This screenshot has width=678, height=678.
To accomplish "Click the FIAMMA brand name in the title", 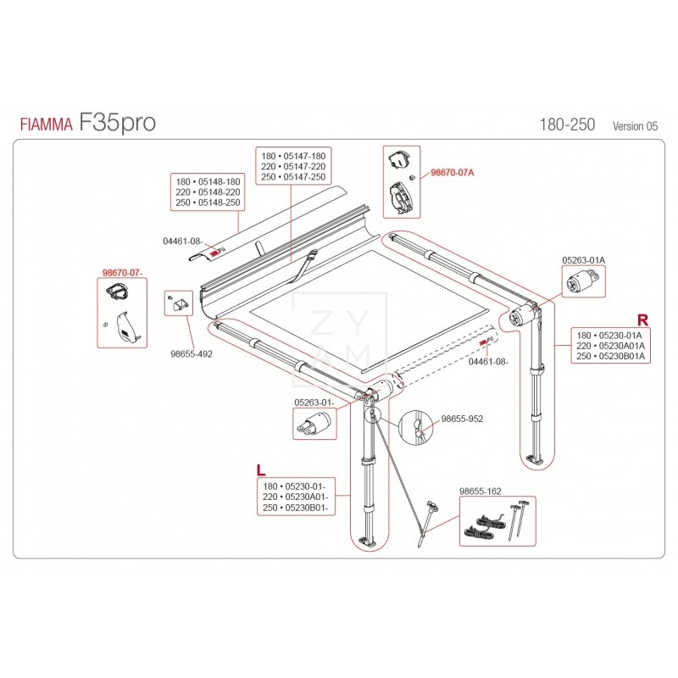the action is [x=47, y=125].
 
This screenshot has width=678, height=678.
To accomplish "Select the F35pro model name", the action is [x=117, y=122].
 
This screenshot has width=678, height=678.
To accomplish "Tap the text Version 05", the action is [x=635, y=126].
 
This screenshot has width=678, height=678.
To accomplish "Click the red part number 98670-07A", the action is [x=453, y=173].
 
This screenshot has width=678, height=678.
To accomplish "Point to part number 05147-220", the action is [x=304, y=166].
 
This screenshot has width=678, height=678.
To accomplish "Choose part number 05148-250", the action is [x=219, y=203].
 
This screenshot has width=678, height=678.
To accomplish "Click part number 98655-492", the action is [x=192, y=353].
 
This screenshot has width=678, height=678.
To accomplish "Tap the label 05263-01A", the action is [x=583, y=260].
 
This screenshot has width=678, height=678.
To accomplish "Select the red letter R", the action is [x=643, y=320].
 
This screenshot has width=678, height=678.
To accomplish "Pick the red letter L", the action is [x=261, y=470].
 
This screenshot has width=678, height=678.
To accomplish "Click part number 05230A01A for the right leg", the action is [x=622, y=346].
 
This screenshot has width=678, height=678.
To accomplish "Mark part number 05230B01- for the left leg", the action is [x=307, y=507].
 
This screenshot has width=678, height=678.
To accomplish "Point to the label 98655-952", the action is [x=462, y=419].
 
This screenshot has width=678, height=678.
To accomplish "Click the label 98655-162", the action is [x=480, y=492].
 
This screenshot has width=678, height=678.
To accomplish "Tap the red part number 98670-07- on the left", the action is [x=122, y=272].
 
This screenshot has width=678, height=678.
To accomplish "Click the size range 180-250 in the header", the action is [x=567, y=125].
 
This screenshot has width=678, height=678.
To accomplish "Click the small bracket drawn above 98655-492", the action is [x=179, y=304].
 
